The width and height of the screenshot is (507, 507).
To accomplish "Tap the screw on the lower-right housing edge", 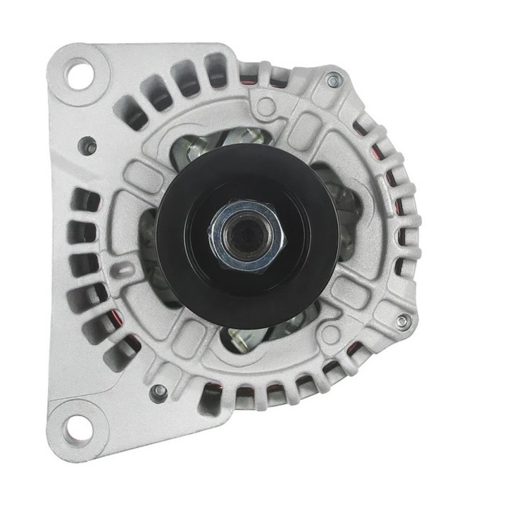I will [401, 321].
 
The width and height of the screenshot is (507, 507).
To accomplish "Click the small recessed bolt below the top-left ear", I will [89, 146].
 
